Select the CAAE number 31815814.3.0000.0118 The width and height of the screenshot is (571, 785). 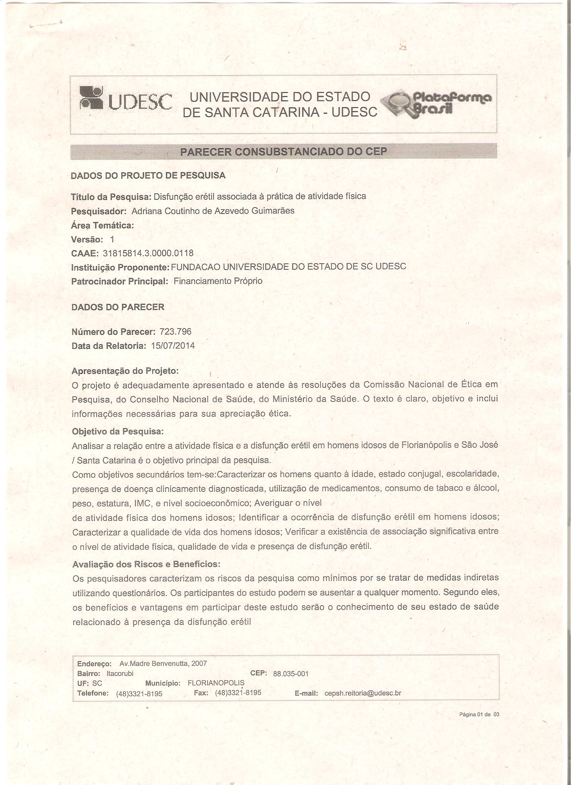[148, 253]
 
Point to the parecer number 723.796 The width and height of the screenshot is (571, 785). [175, 332]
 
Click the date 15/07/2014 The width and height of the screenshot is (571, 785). [173, 346]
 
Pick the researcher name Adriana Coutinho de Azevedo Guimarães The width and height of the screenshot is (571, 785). [213, 211]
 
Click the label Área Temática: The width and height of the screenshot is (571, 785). [102, 225]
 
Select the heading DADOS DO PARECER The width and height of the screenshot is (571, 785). [118, 307]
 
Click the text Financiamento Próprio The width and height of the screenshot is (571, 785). [218, 281]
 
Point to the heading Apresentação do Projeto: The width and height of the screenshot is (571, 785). [125, 371]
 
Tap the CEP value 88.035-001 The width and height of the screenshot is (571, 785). [291, 664]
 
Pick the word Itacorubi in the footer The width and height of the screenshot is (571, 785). [120, 664]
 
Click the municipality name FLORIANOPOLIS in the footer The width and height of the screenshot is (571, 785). [216, 674]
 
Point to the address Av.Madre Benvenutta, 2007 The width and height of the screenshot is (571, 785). [163, 654]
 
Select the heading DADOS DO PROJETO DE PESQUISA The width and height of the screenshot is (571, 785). [148, 176]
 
